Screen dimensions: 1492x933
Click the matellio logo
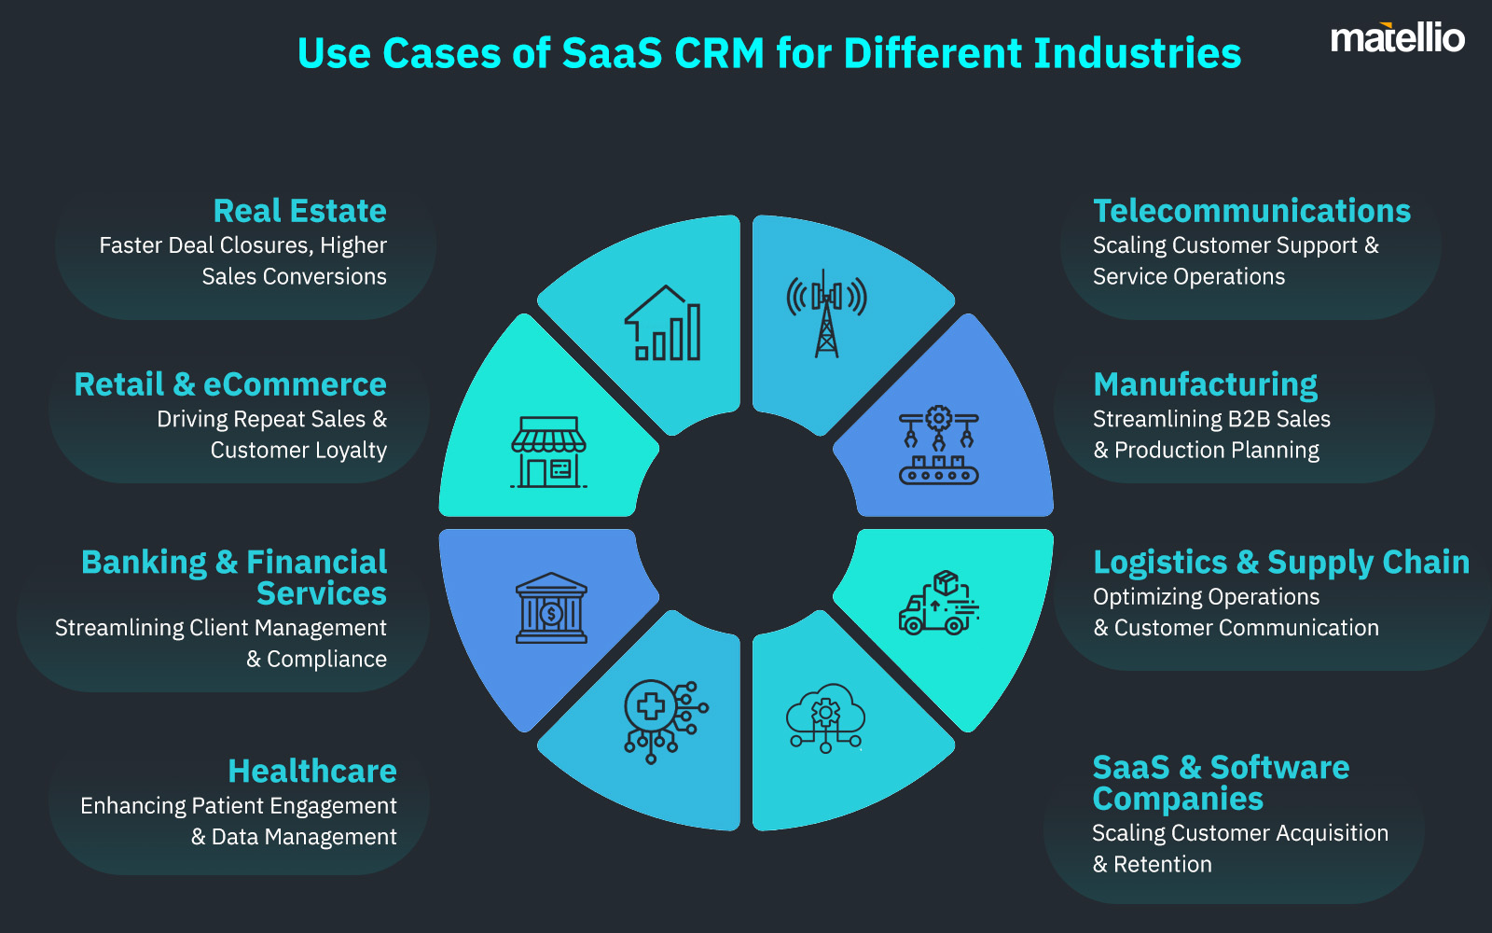[1398, 37]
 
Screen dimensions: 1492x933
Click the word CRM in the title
[719, 52]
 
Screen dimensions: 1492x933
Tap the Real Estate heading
[299, 211]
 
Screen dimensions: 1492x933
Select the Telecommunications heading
[1251, 211]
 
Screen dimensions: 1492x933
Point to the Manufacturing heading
[1205, 385]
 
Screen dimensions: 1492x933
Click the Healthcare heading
[312, 771]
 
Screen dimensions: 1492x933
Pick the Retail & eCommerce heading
[230, 384]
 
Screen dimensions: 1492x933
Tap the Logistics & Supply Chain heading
[1281, 564]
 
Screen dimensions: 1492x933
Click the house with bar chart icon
[663, 323]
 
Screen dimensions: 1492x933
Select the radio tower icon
[826, 313]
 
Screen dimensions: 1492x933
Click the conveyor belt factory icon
[938, 444]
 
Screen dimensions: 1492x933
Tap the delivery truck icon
[938, 602]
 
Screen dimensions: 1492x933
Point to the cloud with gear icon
[825, 717]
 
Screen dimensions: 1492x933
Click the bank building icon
[551, 607]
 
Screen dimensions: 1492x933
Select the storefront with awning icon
[549, 453]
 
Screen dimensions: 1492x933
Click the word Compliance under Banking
[326, 659]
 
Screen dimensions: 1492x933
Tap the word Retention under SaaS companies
[1162, 864]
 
